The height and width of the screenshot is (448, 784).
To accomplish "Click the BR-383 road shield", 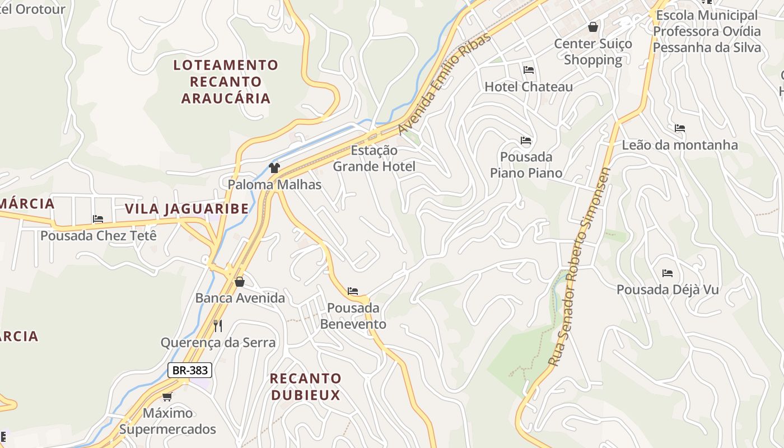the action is coord(190,370).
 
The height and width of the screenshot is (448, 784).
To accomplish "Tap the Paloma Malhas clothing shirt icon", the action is coord(274,167).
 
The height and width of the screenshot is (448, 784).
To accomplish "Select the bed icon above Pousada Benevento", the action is coord(353,291).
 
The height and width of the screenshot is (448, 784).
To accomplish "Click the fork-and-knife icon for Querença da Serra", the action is coord(218,325).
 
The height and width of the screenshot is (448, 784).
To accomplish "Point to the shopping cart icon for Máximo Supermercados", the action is coord(167,397).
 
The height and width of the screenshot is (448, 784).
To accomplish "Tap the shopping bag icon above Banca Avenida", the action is coord(240,281).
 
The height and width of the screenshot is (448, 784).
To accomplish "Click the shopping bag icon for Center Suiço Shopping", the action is coord(593,27).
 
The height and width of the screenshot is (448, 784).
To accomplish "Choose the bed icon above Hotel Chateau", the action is coord(528,70).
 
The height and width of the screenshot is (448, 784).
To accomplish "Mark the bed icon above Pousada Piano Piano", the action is coord(526,140).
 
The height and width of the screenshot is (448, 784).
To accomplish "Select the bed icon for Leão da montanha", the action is coord(680,128).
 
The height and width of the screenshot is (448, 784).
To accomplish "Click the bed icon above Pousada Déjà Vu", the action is coord(668,273).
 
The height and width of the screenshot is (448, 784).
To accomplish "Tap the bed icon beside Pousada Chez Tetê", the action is coord(99,219).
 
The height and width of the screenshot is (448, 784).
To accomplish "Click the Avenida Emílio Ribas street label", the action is coord(445,83).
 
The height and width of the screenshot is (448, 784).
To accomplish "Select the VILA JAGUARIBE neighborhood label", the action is coord(186,209).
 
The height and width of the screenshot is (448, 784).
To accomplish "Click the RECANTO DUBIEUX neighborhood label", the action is coord(305,386).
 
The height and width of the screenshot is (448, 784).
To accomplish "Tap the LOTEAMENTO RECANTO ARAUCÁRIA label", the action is coord(226,82).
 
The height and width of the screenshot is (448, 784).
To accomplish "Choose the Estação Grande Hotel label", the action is coord(374,158).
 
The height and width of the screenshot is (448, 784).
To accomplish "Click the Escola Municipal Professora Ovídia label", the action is coord(707,31).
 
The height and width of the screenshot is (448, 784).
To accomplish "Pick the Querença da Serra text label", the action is coord(218,343).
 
